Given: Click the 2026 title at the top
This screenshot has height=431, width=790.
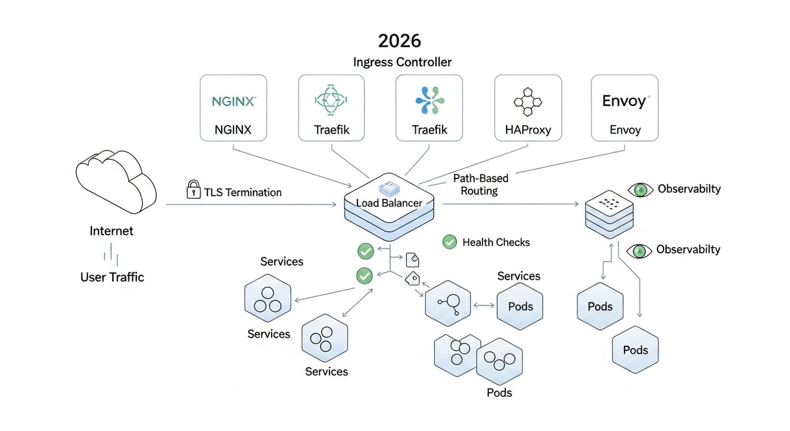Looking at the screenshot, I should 399,41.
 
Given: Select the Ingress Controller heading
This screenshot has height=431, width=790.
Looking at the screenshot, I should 402,62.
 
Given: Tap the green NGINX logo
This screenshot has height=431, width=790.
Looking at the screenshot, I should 233,101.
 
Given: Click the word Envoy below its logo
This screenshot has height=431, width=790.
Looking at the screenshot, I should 625,130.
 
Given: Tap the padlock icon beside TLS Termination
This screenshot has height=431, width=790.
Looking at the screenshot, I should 193,190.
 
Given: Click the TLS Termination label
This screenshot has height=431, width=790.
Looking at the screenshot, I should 243,193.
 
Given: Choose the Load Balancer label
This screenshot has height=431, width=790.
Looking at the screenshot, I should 389,203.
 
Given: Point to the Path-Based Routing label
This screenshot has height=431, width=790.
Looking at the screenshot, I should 480,185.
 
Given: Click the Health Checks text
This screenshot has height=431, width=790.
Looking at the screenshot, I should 496,243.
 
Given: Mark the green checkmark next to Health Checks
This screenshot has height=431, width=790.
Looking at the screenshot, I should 450,242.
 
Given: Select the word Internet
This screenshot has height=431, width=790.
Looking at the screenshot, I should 111,231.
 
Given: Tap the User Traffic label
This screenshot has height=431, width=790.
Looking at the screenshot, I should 112,277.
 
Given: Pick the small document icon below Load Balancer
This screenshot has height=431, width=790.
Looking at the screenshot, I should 412,257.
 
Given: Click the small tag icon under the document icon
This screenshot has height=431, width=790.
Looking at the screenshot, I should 412,279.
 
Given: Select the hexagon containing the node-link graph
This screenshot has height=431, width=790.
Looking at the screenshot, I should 449,303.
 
